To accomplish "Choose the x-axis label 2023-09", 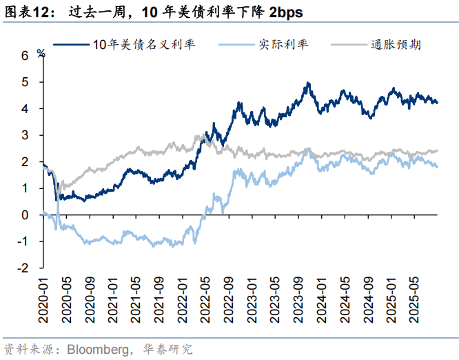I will tap(298, 297).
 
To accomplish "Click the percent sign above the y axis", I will tap(41, 52).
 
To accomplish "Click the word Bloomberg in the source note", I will tap(96, 348).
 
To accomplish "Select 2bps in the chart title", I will tap(283, 12).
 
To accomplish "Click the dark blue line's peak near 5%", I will tap(308, 83).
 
